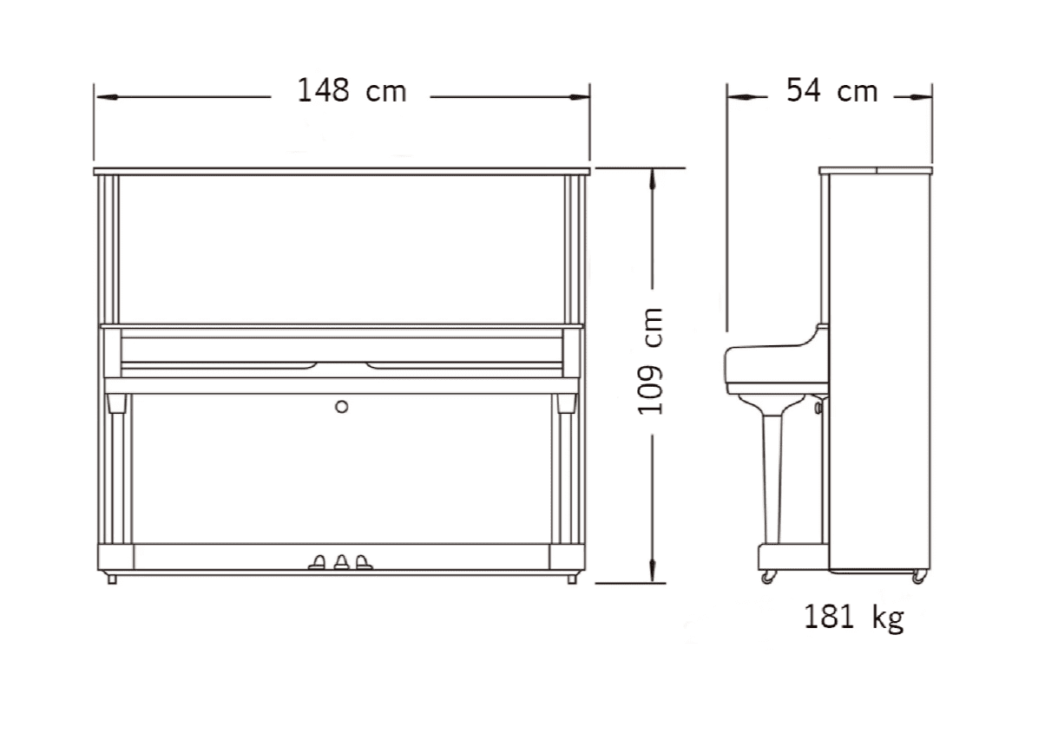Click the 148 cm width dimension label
point(352,90)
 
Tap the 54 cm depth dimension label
point(831,90)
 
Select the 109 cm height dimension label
point(650,362)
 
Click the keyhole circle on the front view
point(341,406)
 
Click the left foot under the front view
point(112,579)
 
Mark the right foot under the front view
point(571,579)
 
